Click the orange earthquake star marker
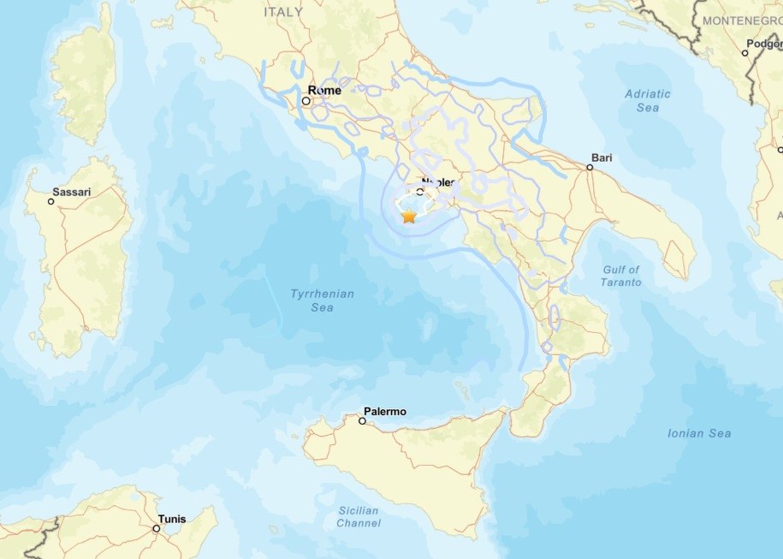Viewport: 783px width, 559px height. (x=409, y=217)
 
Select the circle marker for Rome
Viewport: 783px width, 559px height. (x=305, y=100)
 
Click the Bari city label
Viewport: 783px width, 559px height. (x=602, y=158)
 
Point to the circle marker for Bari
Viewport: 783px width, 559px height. (x=590, y=168)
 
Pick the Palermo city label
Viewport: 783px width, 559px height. (x=385, y=412)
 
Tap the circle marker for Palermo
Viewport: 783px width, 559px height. (x=363, y=421)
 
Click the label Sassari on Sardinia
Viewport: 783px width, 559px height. (x=73, y=193)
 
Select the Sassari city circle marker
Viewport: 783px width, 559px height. (x=51, y=201)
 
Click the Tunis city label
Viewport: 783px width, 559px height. (x=171, y=519)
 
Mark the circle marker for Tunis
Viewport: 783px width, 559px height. (x=156, y=528)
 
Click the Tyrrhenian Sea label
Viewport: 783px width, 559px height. (x=322, y=300)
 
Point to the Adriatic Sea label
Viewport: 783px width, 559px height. (x=648, y=101)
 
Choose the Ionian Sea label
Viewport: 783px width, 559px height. (x=699, y=433)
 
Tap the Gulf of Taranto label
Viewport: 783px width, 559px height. (x=621, y=276)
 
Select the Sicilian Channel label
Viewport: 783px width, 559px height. (x=359, y=517)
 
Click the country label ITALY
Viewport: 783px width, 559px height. (x=283, y=12)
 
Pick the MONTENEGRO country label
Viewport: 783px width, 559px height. (x=742, y=19)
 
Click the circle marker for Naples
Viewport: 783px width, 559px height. (x=419, y=192)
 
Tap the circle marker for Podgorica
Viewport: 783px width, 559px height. (x=745, y=53)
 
